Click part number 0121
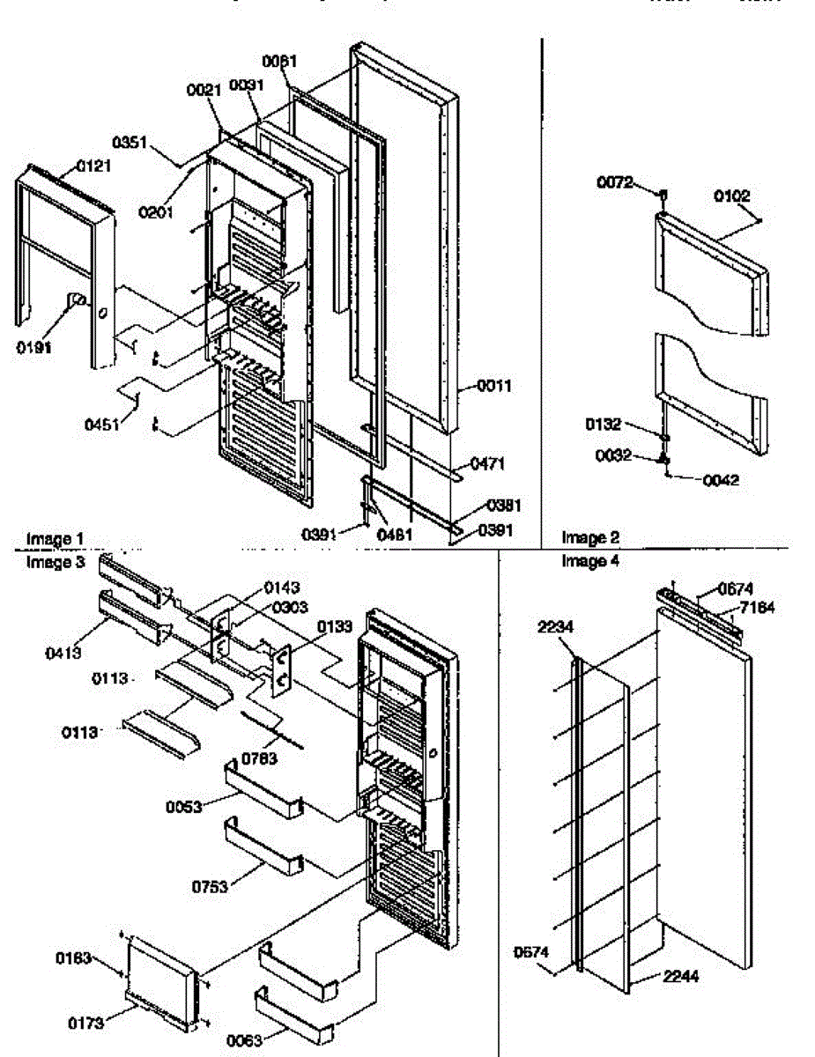pos(93,164)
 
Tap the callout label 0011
pos(494,386)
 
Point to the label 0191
pos(33,347)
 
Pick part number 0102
pos(732,196)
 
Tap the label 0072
pos(613,183)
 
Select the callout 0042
pos(720,480)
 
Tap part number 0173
pos(85,1023)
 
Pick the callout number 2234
pos(557,626)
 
